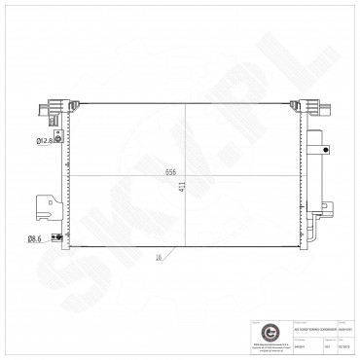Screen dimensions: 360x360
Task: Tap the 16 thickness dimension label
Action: pyautogui.click(x=157, y=259)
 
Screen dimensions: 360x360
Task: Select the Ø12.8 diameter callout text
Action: pyautogui.click(x=43, y=142)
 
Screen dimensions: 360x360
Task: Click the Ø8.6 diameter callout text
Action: pyautogui.click(x=34, y=237)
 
